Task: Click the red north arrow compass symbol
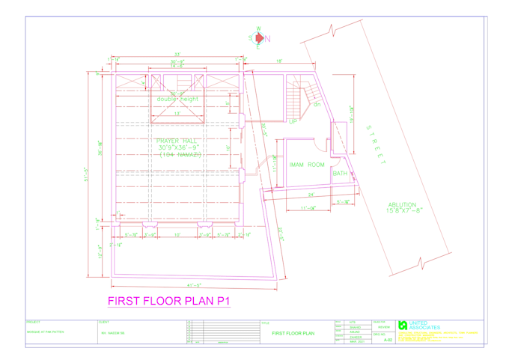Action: click(x=259, y=39)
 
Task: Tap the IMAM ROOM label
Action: click(x=307, y=165)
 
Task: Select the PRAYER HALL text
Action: click(x=177, y=140)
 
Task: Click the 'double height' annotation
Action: click(x=177, y=99)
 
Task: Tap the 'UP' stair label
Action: click(x=293, y=121)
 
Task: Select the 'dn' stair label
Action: click(x=317, y=104)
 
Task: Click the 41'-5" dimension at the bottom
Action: click(x=196, y=284)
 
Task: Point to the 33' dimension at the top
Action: click(x=177, y=55)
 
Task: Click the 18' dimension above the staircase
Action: click(x=278, y=61)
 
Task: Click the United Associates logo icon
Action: click(x=403, y=325)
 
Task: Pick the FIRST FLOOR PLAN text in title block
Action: click(x=293, y=333)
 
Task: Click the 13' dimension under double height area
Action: click(x=177, y=114)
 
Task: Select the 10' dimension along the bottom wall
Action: click(x=177, y=235)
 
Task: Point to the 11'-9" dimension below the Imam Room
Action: click(x=308, y=208)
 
